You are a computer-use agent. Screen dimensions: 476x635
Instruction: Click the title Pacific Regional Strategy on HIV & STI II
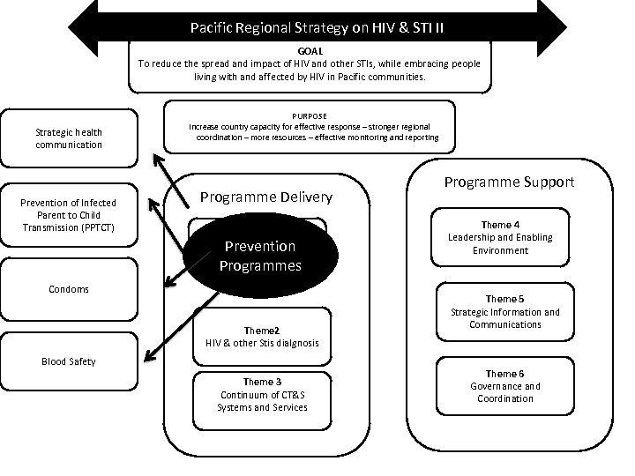317,27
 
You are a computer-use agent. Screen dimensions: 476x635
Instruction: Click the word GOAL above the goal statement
310,51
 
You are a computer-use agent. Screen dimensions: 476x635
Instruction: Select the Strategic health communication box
69,138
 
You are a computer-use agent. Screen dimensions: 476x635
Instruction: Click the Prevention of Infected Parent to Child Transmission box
69,215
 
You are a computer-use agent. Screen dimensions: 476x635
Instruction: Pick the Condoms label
69,289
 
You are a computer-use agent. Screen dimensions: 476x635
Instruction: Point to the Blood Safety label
69,361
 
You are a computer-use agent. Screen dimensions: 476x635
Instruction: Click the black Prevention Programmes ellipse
260,255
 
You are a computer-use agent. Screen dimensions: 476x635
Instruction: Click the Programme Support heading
509,182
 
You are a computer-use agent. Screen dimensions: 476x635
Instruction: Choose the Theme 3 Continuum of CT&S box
263,394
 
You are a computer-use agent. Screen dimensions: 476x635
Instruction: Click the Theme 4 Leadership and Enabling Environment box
500,237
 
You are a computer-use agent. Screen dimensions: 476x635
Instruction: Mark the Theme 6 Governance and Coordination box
501,386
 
